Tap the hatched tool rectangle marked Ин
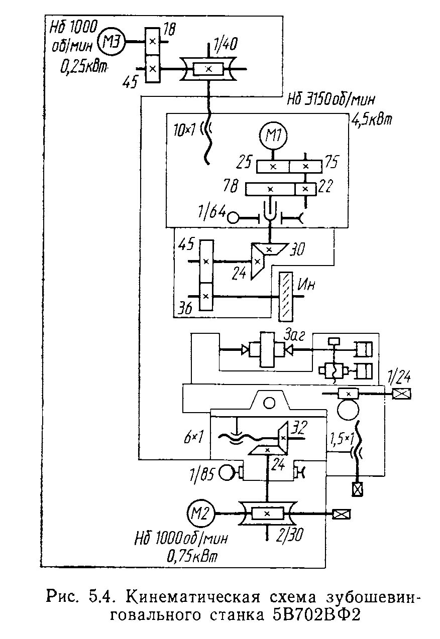pyautogui.click(x=286, y=296)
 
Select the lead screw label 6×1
pyautogui.click(x=193, y=437)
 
